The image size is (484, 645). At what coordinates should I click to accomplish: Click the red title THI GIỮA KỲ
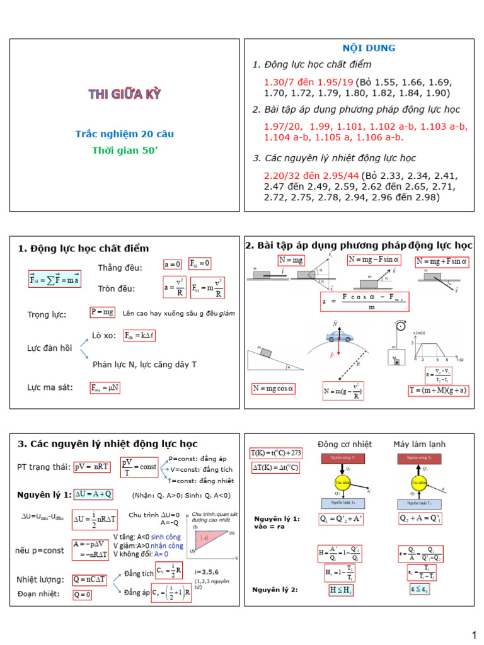click(x=124, y=95)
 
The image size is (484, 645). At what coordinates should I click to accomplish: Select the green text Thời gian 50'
click(x=124, y=151)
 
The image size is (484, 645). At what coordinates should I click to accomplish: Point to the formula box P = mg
click(x=103, y=312)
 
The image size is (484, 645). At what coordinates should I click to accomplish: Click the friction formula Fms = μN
click(x=105, y=387)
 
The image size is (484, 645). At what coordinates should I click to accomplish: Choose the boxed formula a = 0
click(x=172, y=264)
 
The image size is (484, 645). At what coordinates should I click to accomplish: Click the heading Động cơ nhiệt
click(x=341, y=444)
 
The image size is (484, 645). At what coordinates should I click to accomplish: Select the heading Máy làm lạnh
click(x=420, y=444)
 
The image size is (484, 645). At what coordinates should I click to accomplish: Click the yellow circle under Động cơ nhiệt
click(x=342, y=483)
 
